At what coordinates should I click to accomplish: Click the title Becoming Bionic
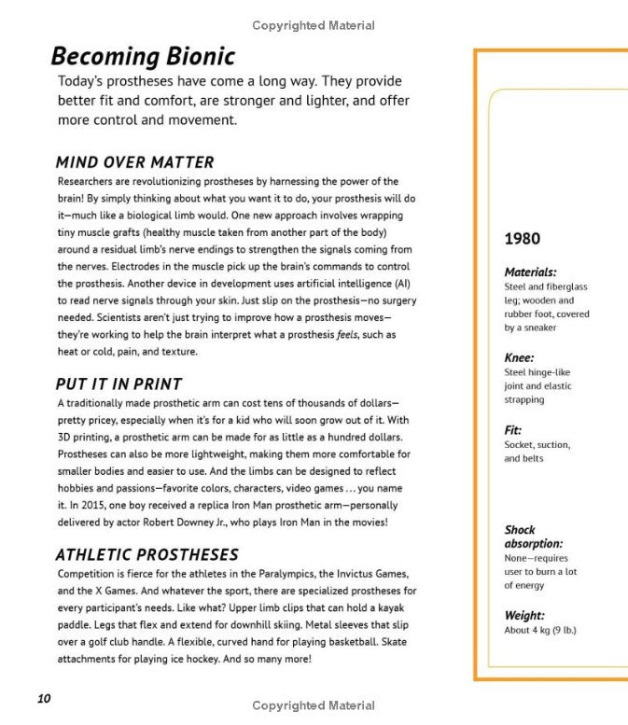142,56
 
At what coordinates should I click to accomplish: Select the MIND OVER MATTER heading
134,162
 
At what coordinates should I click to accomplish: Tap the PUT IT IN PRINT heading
119,383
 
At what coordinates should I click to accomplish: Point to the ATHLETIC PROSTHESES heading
147,554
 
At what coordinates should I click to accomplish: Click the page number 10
44,698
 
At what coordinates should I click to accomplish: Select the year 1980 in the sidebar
522,239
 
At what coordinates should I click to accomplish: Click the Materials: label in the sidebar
530,272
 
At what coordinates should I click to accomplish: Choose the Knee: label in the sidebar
519,357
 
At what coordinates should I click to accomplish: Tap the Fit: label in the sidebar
513,430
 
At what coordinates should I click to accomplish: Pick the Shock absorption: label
533,537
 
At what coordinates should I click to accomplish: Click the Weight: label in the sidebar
524,615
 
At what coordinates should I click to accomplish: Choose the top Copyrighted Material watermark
314,26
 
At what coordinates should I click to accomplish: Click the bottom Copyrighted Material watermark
314,705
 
